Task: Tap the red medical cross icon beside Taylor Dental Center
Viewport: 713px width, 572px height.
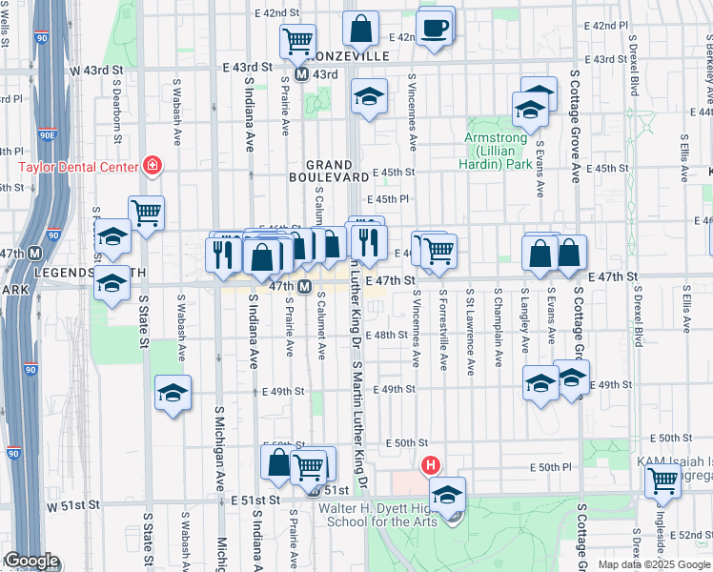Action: click(151, 165)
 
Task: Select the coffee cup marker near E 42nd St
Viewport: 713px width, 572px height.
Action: click(437, 28)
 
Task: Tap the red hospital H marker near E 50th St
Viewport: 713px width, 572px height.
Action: click(430, 466)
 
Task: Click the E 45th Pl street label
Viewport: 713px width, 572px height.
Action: click(391, 199)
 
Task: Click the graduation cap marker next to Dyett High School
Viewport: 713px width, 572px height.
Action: click(447, 494)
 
